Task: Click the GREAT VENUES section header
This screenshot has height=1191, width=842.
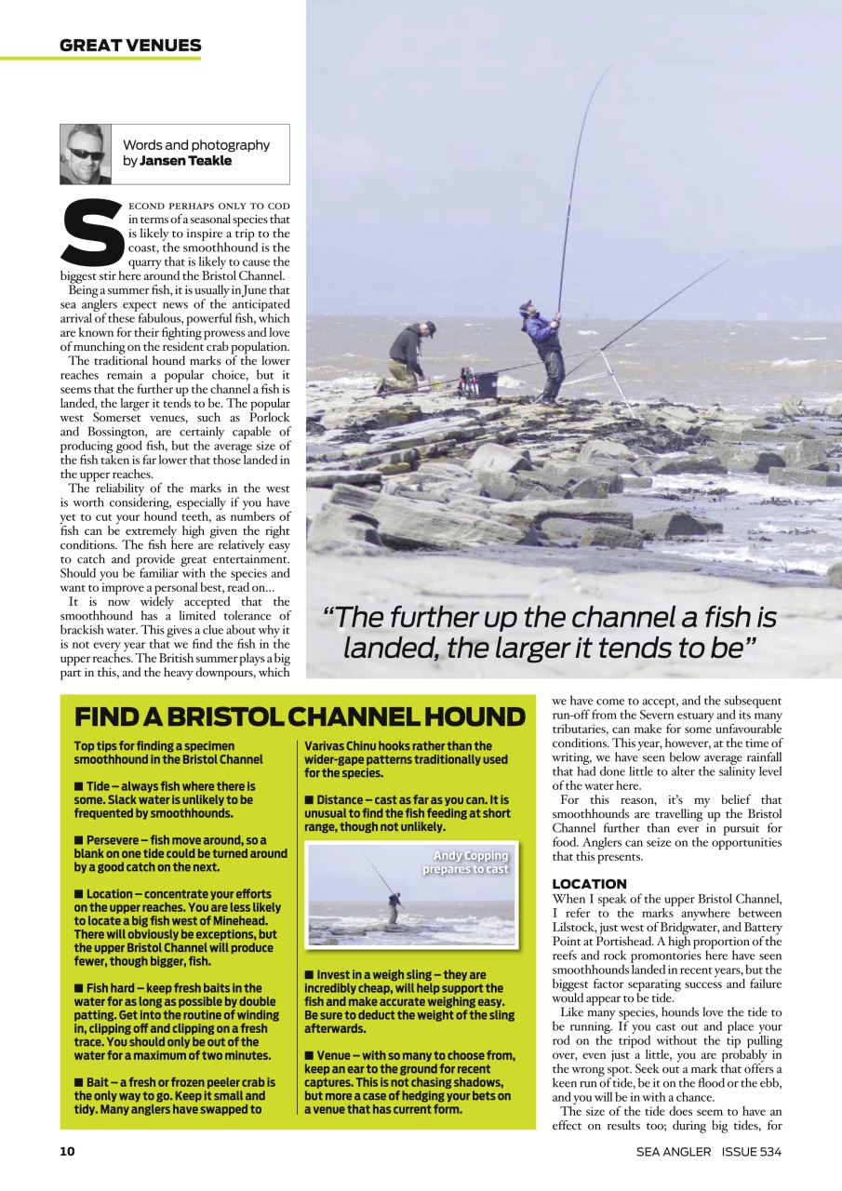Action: tap(130, 45)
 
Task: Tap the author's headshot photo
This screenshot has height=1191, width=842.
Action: tap(86, 154)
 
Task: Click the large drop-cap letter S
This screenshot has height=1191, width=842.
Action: tap(91, 233)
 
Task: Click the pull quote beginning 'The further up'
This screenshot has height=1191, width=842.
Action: tap(549, 632)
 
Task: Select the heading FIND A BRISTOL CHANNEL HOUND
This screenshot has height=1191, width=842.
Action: tap(300, 717)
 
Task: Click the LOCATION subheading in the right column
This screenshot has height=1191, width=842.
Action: tap(589, 883)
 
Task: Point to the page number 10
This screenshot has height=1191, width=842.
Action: tap(67, 1151)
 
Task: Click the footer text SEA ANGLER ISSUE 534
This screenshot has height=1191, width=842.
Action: tap(709, 1152)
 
